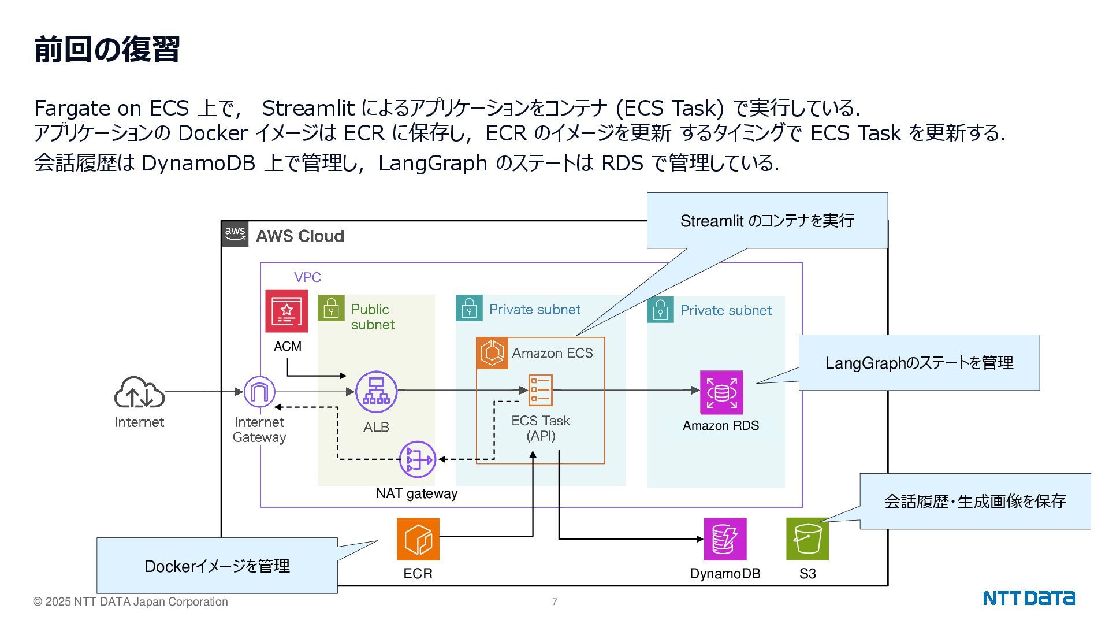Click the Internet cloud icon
point(139,393)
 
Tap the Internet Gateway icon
point(259,392)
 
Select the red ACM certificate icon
point(286,311)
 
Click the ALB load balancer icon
point(376,392)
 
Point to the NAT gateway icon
point(417,460)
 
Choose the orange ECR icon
point(418,539)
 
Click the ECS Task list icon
point(541,391)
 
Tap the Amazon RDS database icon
point(721,392)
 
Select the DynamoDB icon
point(725,539)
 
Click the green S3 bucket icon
point(807,539)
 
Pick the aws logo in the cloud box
point(235,233)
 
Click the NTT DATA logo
point(1029,598)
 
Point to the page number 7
point(554,602)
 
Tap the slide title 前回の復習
point(107,49)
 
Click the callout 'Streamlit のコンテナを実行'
point(767,221)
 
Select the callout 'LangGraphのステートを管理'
point(919,363)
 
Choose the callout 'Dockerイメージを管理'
point(217,566)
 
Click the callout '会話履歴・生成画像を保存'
point(975,501)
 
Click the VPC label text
point(307,277)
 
